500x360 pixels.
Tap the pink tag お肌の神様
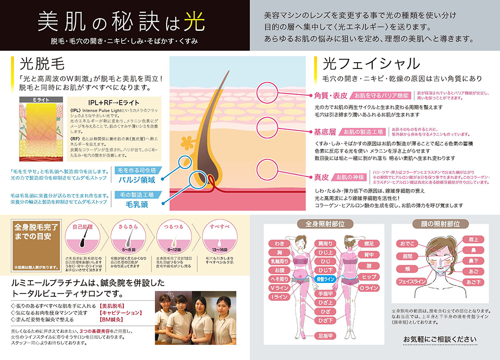pyautogui.click(x=352, y=176)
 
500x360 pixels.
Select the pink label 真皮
pyautogui.click(x=322, y=176)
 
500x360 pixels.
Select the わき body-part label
pyautogui.click(x=280, y=243)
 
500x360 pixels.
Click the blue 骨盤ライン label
pyautogui.click(x=325, y=277)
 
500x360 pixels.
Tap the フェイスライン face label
pyautogui.click(x=413, y=282)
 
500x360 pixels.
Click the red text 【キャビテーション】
pyautogui.click(x=120, y=312)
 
